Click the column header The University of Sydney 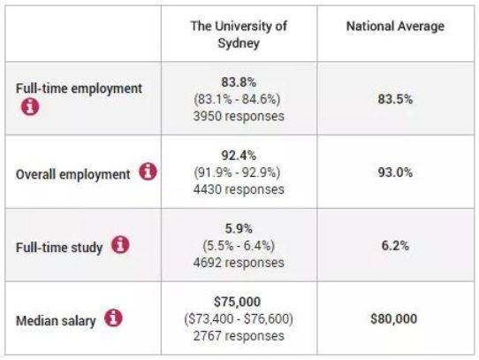239,34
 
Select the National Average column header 395,26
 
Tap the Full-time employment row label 79,88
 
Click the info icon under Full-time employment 30,107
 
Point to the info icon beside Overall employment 148,172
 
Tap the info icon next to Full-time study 120,245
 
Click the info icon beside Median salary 113,318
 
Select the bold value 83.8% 239,82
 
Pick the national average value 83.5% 395,99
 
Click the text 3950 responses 239,116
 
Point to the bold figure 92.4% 239,156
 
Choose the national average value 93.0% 395,172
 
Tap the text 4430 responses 239,189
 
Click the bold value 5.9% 239,228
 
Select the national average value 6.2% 395,246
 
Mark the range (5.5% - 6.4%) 239,246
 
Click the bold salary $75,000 238,302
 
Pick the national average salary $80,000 394,319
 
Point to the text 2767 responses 239,336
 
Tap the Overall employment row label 73,174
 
